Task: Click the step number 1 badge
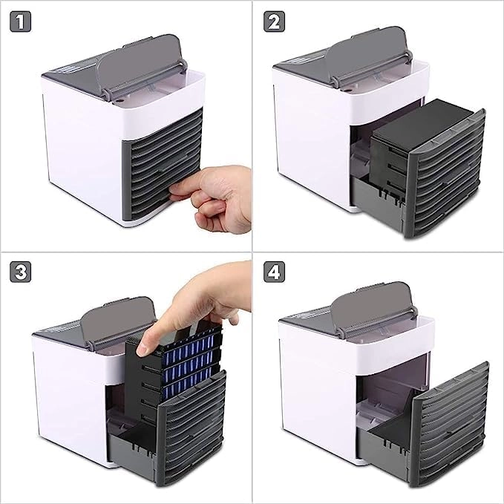pos(20,22)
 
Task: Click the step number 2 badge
pos(274,22)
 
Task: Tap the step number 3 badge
pos(20,272)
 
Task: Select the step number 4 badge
pos(274,272)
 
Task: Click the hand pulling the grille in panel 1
pos(215,197)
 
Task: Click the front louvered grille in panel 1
pos(163,164)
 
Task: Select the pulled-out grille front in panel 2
pos(448,174)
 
